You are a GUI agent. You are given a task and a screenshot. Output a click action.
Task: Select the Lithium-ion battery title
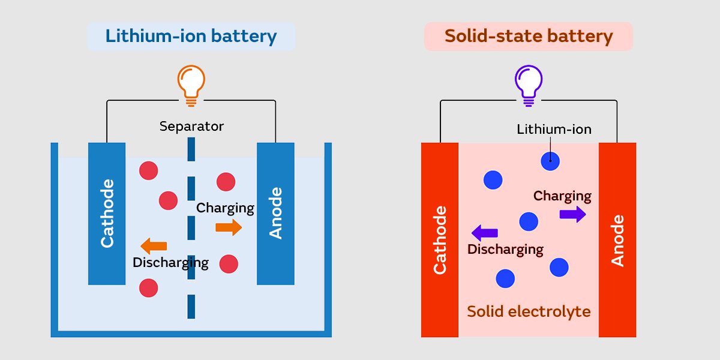coord(191,36)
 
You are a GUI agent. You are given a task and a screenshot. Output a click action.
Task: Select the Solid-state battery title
coord(529,36)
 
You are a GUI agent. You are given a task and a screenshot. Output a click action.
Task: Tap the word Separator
coord(191,127)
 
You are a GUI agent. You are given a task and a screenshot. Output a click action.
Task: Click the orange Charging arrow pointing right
coord(229,227)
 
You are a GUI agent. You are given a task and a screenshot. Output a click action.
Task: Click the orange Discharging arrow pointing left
coord(154,245)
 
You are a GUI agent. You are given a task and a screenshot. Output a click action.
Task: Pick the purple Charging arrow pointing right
coord(572,214)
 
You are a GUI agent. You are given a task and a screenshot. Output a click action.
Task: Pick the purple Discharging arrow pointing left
coord(485,232)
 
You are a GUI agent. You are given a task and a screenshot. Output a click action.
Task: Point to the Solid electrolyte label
coord(529,312)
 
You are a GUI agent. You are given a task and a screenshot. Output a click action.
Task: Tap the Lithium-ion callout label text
coord(554,129)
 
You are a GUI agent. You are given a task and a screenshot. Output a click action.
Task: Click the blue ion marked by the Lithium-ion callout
coord(550,161)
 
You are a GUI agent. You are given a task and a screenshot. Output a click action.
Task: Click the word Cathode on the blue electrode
coord(107,213)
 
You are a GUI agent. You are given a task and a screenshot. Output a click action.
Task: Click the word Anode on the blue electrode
coord(275,213)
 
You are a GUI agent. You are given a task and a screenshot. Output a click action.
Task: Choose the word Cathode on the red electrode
coord(440,240)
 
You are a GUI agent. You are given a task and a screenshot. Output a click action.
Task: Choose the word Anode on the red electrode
coord(617,240)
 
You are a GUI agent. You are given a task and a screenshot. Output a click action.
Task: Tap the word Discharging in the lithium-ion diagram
coord(170,262)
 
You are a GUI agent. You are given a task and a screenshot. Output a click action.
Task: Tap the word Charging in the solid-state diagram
coord(562,196)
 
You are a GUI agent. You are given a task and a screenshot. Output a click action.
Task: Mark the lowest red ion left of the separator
coord(148,287)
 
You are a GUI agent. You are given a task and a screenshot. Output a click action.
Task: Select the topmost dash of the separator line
coord(191,149)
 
